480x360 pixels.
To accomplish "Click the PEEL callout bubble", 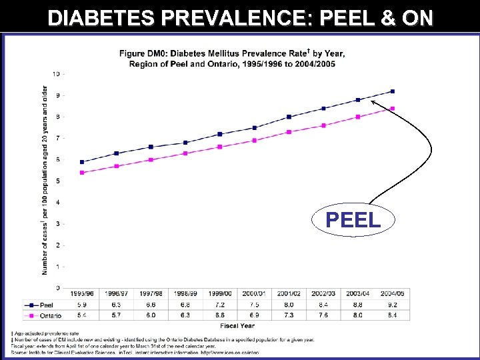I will (x=353, y=219).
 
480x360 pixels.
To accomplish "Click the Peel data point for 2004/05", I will (x=393, y=91).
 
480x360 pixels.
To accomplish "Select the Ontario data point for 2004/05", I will (x=393, y=108).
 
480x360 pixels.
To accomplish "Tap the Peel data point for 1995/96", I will (x=82, y=162).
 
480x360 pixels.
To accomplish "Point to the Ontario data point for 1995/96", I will (x=82, y=173).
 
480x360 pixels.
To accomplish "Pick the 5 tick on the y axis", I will (x=59, y=181).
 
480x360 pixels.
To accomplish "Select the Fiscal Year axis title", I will (x=237, y=325).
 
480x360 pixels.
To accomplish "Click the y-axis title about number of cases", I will (x=45, y=180).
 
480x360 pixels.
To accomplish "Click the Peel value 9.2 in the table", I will (x=393, y=305).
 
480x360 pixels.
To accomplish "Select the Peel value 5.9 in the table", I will (x=82, y=305).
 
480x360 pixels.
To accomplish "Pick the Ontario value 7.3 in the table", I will (x=289, y=315).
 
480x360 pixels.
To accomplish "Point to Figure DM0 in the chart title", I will (x=141, y=53).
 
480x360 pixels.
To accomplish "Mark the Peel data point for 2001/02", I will (x=289, y=117).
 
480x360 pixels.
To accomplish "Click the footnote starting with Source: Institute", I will (x=133, y=351).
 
